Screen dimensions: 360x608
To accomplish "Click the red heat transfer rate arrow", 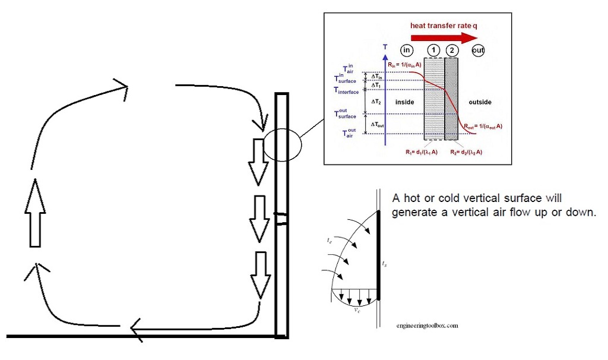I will coord(443,37).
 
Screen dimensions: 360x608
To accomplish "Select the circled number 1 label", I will coord(434,50).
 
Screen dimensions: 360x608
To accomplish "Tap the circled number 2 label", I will coord(453,50).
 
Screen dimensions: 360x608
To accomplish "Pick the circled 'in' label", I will coord(407,50).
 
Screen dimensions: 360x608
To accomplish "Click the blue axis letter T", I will coord(385,46).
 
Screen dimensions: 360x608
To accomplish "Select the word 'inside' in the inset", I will coord(404,102).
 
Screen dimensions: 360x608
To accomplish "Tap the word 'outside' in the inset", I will coord(480,102).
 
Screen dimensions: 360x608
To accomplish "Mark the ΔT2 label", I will coord(375,102).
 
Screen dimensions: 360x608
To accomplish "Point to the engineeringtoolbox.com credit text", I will coord(427,326).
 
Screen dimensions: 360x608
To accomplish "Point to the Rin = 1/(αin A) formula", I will coord(407,65).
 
